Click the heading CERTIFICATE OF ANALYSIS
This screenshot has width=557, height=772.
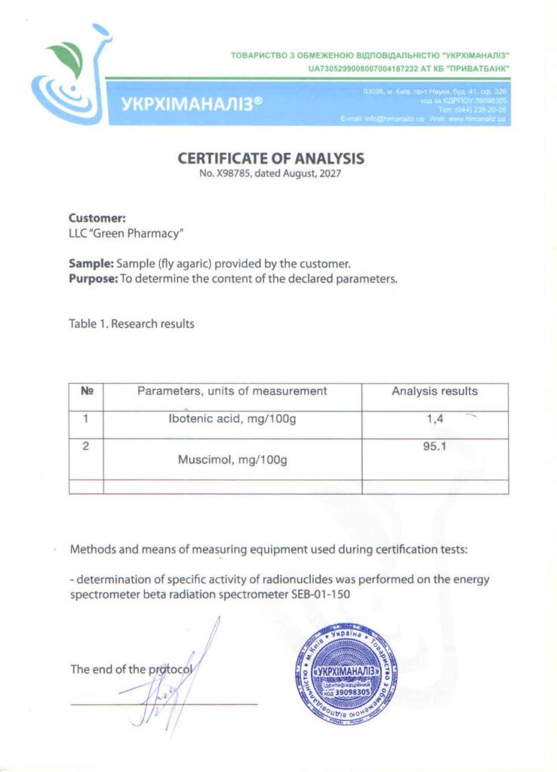(x=271, y=159)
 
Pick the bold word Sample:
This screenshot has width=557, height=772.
(x=91, y=264)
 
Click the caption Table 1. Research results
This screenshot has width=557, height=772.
(x=131, y=324)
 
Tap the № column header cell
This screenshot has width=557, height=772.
(x=86, y=391)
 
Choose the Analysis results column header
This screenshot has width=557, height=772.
(x=435, y=391)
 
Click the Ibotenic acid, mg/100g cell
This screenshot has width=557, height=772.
(x=232, y=419)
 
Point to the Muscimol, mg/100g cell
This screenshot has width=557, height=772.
(x=232, y=458)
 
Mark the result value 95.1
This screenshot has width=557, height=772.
(x=435, y=446)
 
